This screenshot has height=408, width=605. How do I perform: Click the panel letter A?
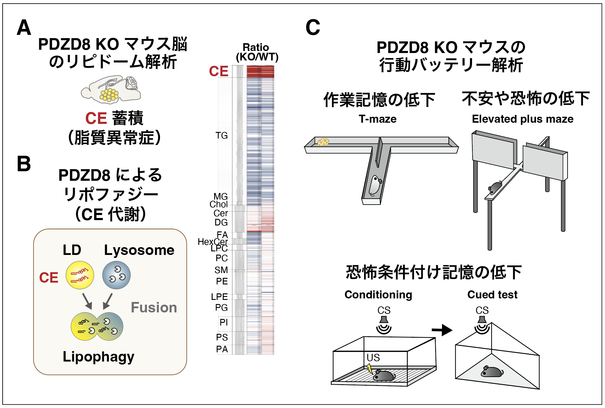click(24, 27)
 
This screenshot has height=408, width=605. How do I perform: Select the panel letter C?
click(313, 27)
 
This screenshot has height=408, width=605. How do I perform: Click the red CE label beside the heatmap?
click(219, 71)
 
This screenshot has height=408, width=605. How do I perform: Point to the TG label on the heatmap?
click(222, 136)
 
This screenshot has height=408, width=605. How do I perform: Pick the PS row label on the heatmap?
click(222, 337)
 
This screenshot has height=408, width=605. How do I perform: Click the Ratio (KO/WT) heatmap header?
click(257, 52)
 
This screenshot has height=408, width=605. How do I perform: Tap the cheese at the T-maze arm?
click(323, 142)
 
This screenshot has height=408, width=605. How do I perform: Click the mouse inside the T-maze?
click(375, 185)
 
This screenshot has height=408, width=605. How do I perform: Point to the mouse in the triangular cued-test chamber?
click(492, 371)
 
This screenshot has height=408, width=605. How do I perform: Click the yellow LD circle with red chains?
click(80, 275)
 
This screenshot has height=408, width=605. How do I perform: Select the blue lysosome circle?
click(116, 275)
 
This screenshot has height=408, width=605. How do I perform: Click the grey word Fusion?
click(154, 307)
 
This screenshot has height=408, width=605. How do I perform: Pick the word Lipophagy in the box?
click(98, 356)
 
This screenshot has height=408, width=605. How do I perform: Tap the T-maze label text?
click(377, 119)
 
